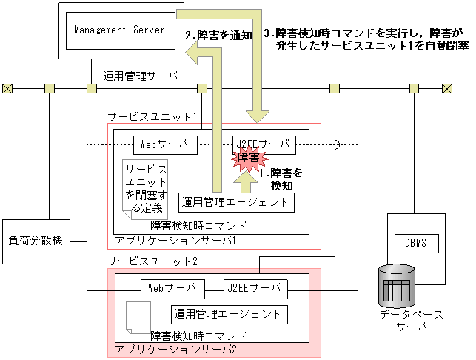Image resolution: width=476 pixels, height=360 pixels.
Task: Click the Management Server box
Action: click(118, 30)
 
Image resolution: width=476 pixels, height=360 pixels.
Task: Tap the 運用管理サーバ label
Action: click(140, 75)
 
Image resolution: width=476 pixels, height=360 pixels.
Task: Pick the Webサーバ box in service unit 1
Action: click(166, 144)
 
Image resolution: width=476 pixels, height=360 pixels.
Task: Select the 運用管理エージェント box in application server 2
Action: click(228, 313)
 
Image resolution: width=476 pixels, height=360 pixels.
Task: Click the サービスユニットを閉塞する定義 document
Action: click(145, 187)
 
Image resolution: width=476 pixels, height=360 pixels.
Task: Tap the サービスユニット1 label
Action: click(151, 117)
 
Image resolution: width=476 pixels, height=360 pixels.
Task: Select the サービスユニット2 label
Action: click(152, 261)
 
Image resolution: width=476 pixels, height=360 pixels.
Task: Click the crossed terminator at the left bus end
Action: click(7, 89)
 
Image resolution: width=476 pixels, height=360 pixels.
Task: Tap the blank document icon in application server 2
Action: click(136, 316)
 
